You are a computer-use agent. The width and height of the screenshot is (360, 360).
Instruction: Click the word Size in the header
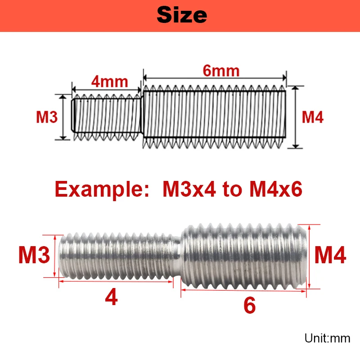pyautogui.click(x=182, y=15)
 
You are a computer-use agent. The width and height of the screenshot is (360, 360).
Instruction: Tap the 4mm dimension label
pyautogui.click(x=110, y=82)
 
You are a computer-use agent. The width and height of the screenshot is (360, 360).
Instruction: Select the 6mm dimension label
pyautogui.click(x=220, y=71)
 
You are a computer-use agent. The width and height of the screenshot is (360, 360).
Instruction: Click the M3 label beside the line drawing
pyautogui.click(x=47, y=117)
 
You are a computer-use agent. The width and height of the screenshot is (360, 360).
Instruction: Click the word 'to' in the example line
pyautogui.click(x=232, y=189)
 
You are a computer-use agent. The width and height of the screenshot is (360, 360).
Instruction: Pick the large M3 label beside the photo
pyautogui.click(x=34, y=256)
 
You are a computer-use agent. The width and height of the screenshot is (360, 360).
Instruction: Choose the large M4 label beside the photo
pyautogui.click(x=330, y=256)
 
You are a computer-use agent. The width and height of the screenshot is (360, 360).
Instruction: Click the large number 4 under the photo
pyautogui.click(x=111, y=297)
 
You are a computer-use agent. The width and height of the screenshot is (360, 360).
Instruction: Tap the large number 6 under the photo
pyautogui.click(x=249, y=306)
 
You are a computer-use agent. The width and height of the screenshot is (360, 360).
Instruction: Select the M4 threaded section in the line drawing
pyautogui.click(x=215, y=116)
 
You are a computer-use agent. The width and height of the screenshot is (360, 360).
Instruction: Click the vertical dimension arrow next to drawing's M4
pyautogui.click(x=296, y=117)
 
